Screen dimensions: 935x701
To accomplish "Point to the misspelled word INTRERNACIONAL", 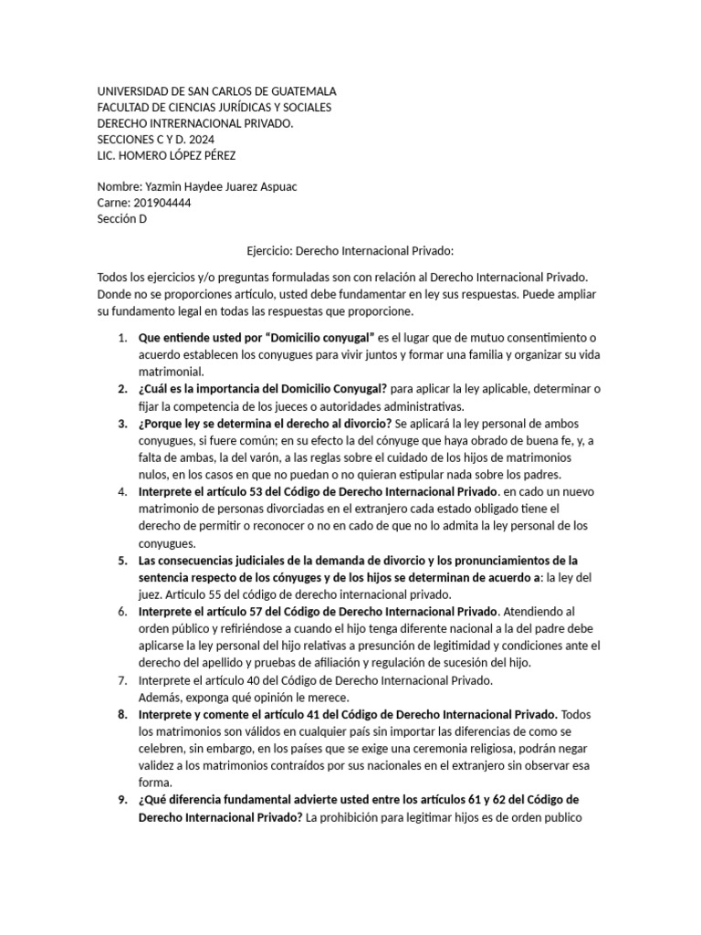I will [194, 124].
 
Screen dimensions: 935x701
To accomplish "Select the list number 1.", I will [121, 339].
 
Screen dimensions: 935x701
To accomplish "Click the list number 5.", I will [121, 560].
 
